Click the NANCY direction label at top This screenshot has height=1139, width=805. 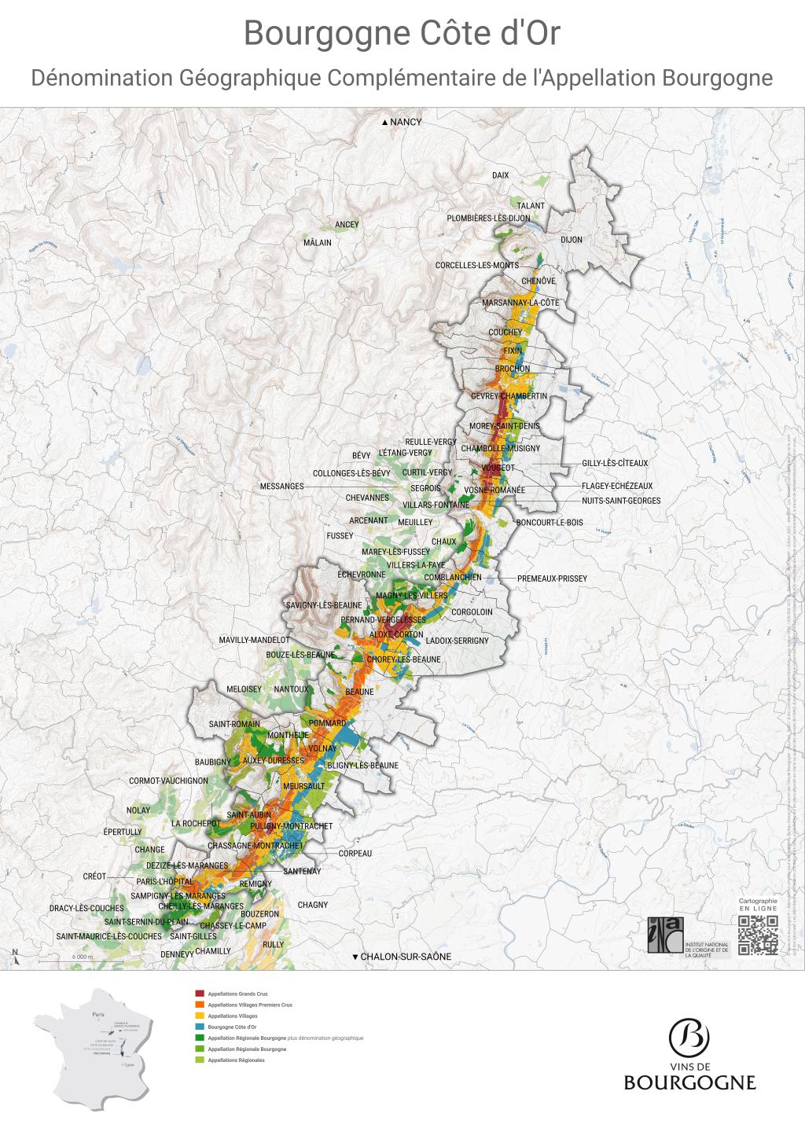(401, 122)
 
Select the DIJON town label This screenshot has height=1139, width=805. (572, 240)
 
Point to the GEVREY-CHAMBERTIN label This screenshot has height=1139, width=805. (509, 396)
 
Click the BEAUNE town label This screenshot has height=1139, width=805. (360, 692)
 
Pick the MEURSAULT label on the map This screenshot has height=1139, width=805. (303, 785)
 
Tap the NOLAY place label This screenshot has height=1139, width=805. (138, 810)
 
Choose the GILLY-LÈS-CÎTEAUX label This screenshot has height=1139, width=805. (615, 463)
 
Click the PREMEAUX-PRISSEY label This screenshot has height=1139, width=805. (552, 579)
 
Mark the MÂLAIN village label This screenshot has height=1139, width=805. (318, 243)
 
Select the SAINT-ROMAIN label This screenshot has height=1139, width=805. (234, 724)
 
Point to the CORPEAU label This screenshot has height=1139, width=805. (355, 853)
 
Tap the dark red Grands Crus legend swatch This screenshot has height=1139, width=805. (200, 994)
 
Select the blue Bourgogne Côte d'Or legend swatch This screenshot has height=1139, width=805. (200, 1027)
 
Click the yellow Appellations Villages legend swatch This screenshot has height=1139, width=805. (200, 1016)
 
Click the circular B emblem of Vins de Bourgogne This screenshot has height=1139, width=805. (689, 1037)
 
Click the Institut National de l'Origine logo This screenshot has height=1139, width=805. (665, 935)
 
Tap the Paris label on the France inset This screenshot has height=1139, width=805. (97, 1015)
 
